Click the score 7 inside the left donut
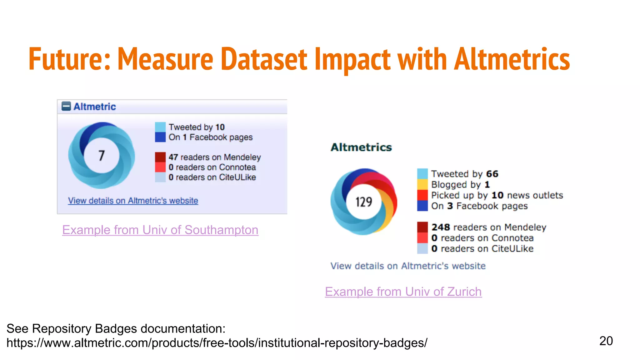[102, 155]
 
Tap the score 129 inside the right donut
[364, 202]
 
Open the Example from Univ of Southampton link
[160, 230]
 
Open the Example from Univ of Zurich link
[403, 292]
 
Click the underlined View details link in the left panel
[133, 201]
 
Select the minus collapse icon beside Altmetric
[66, 107]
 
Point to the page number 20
[606, 341]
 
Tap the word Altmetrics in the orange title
[512, 59]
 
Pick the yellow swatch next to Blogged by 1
[422, 184]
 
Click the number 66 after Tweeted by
[492, 174]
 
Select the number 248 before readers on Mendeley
[441, 227]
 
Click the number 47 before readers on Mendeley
[173, 157]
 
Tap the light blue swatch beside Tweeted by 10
[160, 127]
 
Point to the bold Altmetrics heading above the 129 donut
[361, 147]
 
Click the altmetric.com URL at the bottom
[217, 343]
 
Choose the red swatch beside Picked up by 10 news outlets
[422, 195]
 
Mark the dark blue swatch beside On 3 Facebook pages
[422, 206]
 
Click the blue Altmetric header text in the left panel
[94, 107]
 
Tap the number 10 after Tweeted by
[220, 127]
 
